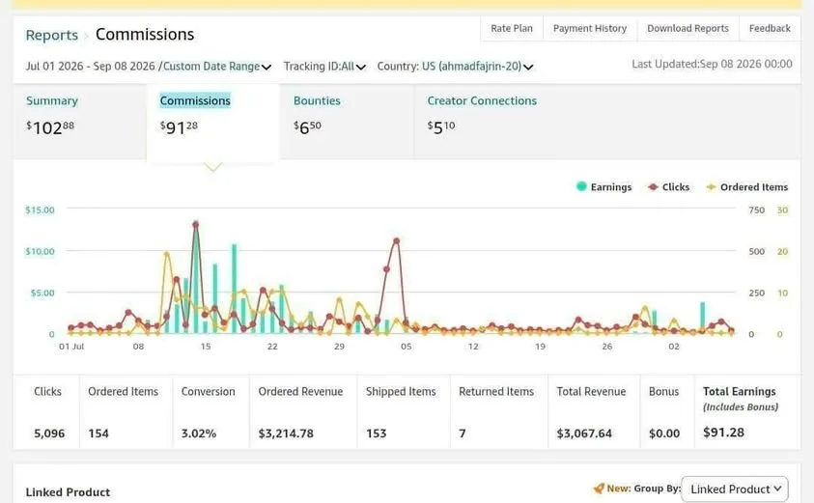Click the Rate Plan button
coord(512,29)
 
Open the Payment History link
coord(590,29)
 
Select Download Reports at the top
coord(688,29)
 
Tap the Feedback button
coord(770,29)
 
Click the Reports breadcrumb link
coord(51,35)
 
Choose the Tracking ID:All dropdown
coord(324,67)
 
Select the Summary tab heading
coord(52,100)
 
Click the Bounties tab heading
coord(317,100)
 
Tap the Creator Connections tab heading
coord(482,100)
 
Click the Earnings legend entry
coord(603,187)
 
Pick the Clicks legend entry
coord(668,187)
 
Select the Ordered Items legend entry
coord(747,187)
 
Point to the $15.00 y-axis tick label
coord(40,210)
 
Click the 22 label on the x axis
coord(272,347)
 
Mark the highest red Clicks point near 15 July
coord(196,224)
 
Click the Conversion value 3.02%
coord(199,433)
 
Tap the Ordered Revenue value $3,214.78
coord(286,433)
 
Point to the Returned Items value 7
coord(462,433)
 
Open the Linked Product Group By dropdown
coord(735,489)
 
